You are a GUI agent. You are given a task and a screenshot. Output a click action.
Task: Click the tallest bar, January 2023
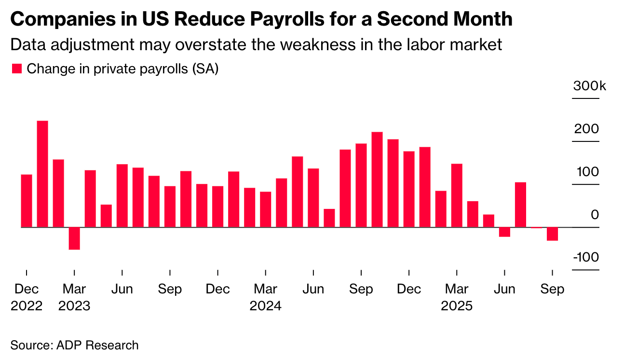click(x=42, y=174)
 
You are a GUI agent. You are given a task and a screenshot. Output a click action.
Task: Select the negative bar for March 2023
click(x=74, y=238)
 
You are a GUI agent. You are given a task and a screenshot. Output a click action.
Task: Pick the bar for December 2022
click(x=27, y=201)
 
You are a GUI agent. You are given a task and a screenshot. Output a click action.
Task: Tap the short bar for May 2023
click(x=106, y=216)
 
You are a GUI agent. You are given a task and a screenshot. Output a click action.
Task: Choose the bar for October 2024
click(x=377, y=180)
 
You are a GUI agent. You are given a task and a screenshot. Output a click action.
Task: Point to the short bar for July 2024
click(x=329, y=218)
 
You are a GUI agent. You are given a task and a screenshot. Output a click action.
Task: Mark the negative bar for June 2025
click(x=504, y=232)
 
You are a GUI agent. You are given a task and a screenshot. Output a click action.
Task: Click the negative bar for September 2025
click(x=552, y=234)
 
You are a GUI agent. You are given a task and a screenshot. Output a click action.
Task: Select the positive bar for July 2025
click(x=520, y=205)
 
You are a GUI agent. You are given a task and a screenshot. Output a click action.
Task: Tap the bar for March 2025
click(x=457, y=195)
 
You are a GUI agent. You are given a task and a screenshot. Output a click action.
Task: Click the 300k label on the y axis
click(x=589, y=87)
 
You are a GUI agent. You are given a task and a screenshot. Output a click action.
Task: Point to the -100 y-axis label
click(x=586, y=257)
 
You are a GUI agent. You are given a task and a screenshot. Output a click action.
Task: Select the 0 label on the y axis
click(x=595, y=215)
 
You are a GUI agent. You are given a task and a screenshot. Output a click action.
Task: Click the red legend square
click(x=17, y=69)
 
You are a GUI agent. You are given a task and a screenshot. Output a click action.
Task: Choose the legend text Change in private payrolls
click(x=122, y=69)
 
